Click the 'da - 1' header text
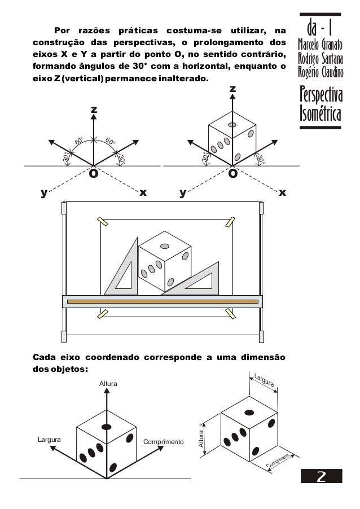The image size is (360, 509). (320, 26)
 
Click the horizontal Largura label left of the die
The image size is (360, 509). (49, 438)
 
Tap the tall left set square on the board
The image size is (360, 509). (124, 271)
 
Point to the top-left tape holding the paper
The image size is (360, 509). (103, 221)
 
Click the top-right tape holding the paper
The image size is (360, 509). (230, 221)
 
